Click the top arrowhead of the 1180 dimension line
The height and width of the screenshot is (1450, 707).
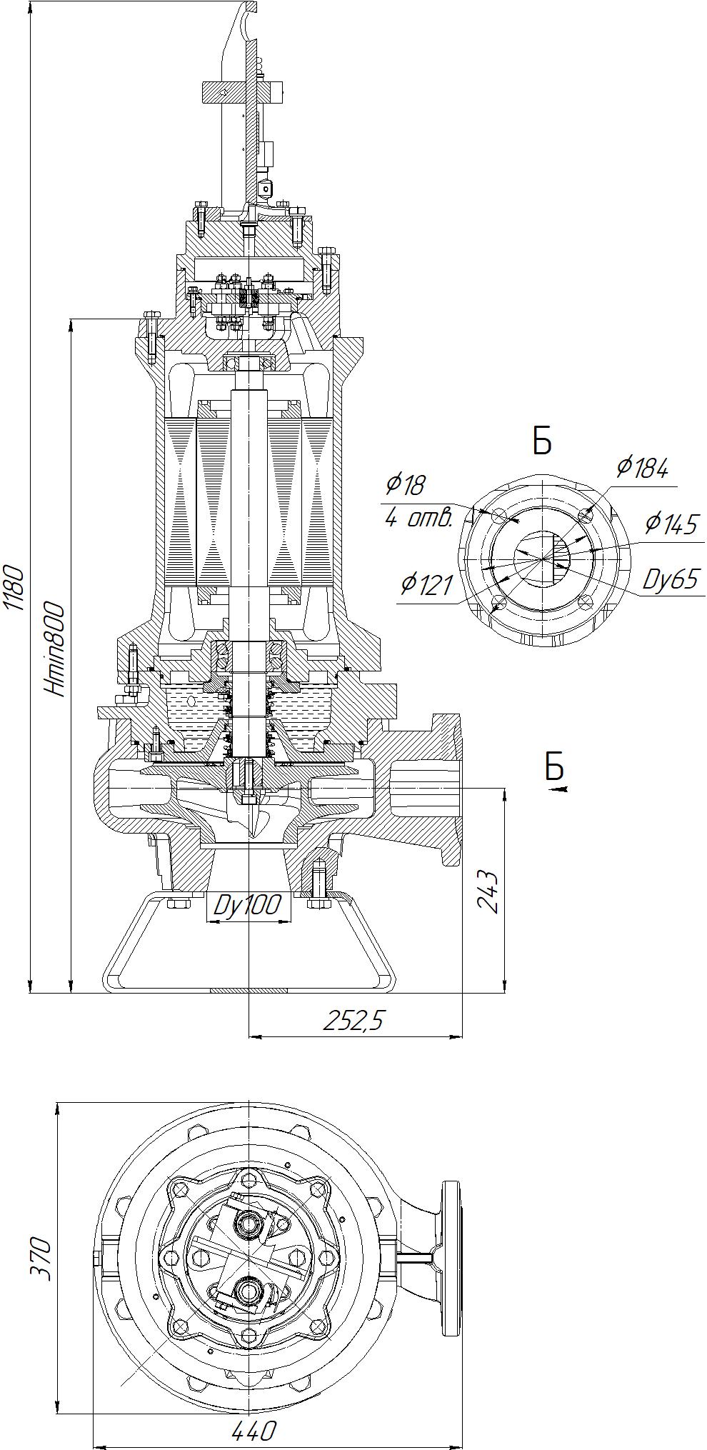[31, 6]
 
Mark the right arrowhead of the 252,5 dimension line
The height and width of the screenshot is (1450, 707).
[455, 1036]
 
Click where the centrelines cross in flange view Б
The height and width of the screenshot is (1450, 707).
[543, 558]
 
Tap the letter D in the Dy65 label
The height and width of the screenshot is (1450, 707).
[651, 579]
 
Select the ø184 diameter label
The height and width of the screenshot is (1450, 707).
[643, 469]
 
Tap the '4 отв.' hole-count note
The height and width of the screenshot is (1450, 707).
[419, 518]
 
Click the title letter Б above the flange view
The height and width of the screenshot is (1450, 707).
[542, 441]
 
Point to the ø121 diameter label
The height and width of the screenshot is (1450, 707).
[427, 585]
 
